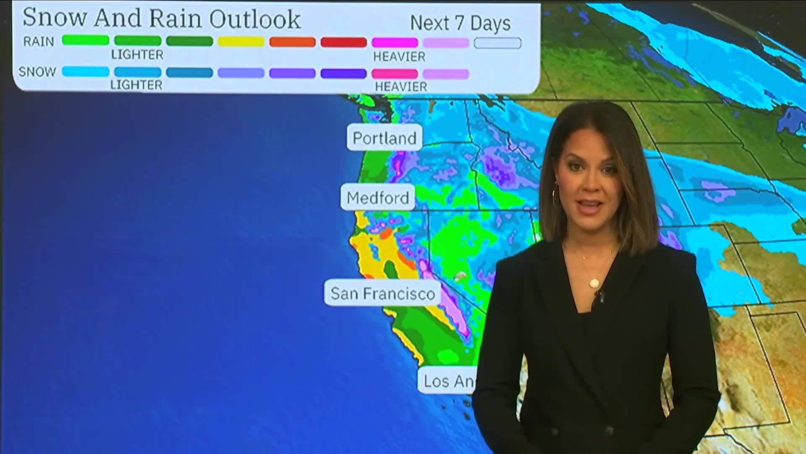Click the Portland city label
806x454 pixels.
[x=384, y=138]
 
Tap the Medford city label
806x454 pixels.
[x=377, y=198]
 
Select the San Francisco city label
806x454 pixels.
[x=382, y=293]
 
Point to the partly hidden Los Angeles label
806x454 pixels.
[x=447, y=381]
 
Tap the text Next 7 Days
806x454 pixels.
[x=460, y=23]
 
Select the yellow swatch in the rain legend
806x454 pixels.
[x=241, y=42]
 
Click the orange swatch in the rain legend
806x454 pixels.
[x=293, y=42]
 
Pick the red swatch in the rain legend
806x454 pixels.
[x=344, y=42]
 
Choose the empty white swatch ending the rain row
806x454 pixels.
[x=497, y=43]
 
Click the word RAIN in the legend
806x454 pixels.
[x=39, y=42]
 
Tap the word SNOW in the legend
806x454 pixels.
[x=37, y=72]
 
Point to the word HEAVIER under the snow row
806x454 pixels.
[x=401, y=87]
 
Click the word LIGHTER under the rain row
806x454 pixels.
[x=137, y=55]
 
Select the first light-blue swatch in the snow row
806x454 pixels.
[x=86, y=72]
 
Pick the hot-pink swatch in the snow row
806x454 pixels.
[x=395, y=74]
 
